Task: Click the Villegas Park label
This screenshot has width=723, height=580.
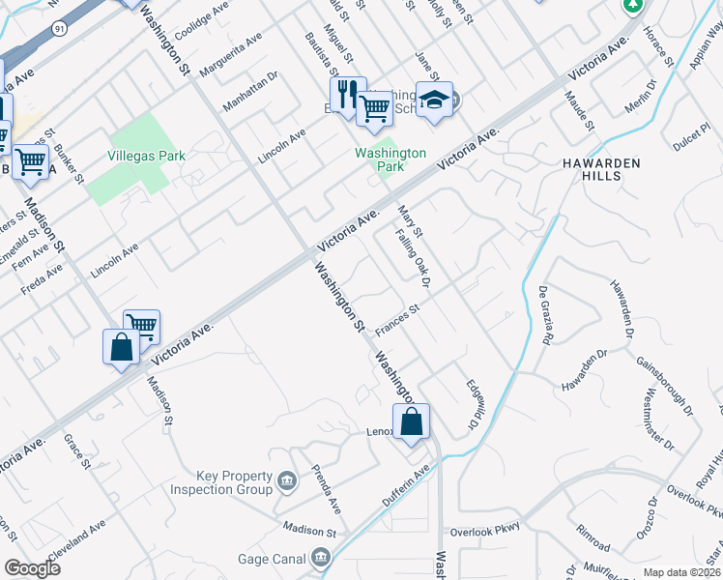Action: tap(145, 154)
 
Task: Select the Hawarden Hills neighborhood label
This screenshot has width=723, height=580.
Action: tap(601, 171)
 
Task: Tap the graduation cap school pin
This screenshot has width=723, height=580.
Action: tap(434, 99)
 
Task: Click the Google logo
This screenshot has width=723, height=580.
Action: tap(32, 567)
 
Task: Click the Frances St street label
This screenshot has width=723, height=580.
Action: tap(397, 321)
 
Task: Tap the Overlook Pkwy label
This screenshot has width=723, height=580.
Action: tap(484, 528)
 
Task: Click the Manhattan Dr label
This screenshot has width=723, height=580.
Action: tap(250, 89)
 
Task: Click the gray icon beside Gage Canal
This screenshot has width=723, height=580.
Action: tap(321, 558)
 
